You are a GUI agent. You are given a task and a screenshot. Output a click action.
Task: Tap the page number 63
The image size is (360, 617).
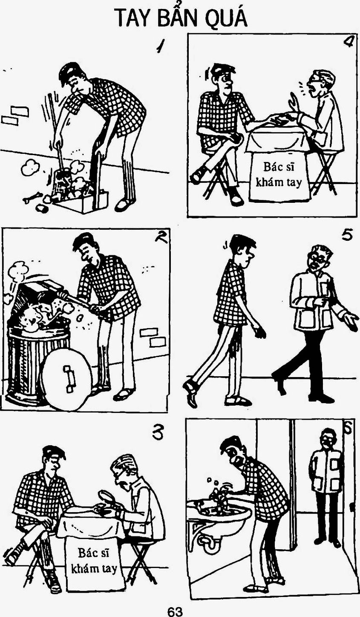click(x=175, y=609)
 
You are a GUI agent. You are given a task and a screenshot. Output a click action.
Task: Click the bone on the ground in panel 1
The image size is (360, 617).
click(x=32, y=197)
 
